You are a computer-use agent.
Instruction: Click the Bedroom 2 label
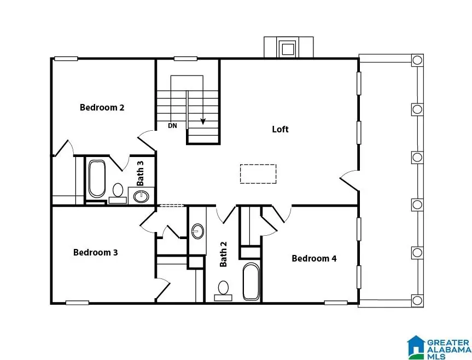click(102, 107)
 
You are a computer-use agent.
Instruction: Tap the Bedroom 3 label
click(96, 253)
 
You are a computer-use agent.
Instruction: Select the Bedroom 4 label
click(314, 258)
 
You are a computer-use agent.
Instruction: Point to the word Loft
click(280, 130)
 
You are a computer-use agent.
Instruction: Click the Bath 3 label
click(141, 172)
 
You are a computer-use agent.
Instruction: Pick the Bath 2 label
click(223, 254)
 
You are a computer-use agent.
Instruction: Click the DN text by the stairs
click(172, 126)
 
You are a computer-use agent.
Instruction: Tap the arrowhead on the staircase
click(203, 121)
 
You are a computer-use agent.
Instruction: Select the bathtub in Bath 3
click(97, 179)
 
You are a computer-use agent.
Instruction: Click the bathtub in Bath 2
click(251, 281)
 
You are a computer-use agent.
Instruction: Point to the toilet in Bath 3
click(118, 191)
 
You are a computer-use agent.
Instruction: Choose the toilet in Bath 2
click(223, 288)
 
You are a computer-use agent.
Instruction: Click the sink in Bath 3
click(142, 195)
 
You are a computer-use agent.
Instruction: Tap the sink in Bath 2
click(197, 231)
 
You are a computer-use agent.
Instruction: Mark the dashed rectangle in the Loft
click(258, 174)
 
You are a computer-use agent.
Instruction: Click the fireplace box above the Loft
click(288, 48)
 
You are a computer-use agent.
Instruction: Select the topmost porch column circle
click(417, 60)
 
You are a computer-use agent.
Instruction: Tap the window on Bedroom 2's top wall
click(65, 59)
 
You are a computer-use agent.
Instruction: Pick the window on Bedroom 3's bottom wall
click(77, 302)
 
